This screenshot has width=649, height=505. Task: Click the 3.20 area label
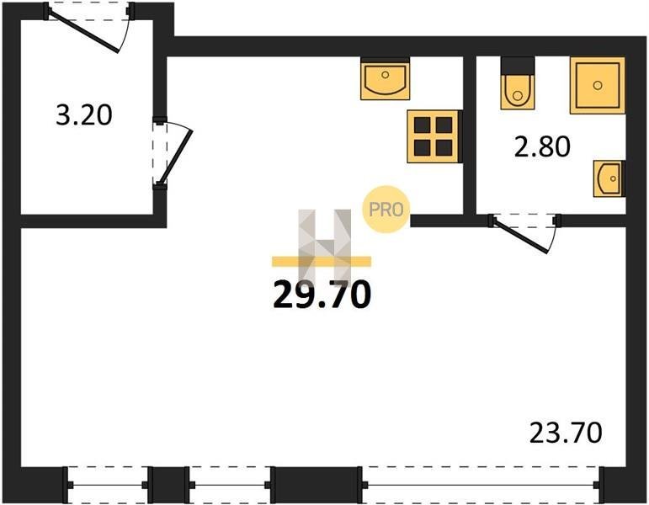point(84,115)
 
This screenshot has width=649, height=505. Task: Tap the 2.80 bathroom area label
point(542,146)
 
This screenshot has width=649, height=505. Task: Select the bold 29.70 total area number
point(322,295)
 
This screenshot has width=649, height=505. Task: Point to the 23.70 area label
point(566,433)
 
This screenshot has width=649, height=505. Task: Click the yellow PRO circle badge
point(386,209)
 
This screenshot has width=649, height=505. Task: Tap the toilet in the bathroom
point(518,92)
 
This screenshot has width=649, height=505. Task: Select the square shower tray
point(598,85)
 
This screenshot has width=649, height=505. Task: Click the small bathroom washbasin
point(609,178)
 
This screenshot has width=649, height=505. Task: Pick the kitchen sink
point(386,80)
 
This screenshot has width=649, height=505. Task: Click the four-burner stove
point(434,136)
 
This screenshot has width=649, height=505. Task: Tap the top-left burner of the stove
point(423,125)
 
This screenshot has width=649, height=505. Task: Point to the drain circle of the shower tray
point(598,85)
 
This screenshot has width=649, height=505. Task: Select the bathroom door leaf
point(519,235)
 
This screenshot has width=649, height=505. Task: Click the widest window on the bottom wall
point(480,485)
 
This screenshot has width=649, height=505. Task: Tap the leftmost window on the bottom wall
point(108,485)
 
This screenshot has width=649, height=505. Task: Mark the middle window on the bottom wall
point(230,485)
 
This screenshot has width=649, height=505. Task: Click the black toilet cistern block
point(518,66)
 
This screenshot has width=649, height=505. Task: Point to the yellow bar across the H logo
point(322,261)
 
